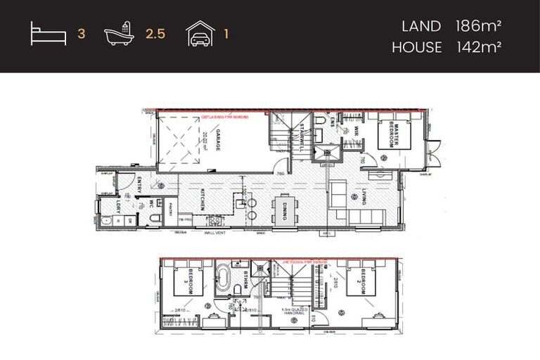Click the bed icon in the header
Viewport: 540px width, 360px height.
(49, 33)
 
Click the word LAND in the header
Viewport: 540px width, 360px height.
(421, 27)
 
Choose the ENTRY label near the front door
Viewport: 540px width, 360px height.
(139, 188)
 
